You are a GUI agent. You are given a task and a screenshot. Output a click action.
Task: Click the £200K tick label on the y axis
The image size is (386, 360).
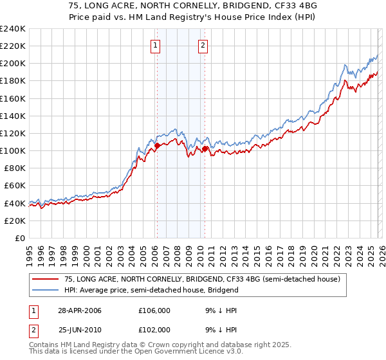coord(12,64)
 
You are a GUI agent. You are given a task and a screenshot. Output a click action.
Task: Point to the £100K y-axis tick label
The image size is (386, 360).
coord(12,150)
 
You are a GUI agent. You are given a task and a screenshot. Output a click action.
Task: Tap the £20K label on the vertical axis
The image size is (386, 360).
coord(14,221)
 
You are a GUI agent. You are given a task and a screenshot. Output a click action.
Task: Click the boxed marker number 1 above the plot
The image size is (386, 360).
coord(156,45)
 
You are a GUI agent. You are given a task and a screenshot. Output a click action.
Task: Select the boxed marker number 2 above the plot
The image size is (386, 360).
coord(203,45)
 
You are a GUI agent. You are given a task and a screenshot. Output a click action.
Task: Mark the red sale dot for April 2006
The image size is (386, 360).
coord(157,146)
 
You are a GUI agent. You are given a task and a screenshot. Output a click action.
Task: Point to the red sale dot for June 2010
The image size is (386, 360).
coord(205,149)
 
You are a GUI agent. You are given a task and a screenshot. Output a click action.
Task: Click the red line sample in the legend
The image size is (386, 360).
coord(46,279)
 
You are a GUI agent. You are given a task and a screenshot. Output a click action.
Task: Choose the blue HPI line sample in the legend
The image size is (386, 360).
coord(46,290)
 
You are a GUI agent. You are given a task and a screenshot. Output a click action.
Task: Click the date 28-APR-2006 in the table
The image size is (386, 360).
coord(79,310)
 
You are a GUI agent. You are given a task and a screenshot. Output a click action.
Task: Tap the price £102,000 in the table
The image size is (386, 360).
coord(154,329)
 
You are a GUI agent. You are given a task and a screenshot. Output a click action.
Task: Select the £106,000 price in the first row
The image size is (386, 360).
coord(154,310)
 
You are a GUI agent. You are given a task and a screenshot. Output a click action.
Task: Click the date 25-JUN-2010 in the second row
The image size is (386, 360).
coord(79,329)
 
